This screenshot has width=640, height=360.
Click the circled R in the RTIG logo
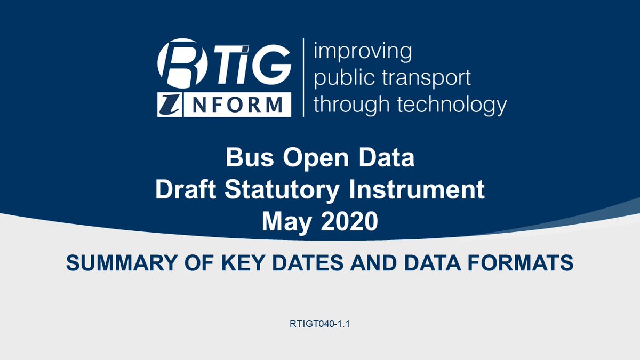[182, 63]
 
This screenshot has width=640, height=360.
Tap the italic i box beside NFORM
[170, 105]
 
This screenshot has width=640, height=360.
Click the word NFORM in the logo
[237, 105]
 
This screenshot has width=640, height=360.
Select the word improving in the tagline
[363, 52]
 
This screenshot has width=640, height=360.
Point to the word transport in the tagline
[426, 78]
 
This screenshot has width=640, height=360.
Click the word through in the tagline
[351, 105]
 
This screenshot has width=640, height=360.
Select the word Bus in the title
[250, 158]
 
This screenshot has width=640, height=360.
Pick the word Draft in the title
[186, 189]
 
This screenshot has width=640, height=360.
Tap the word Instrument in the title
[417, 189]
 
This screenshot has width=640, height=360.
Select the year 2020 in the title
[349, 221]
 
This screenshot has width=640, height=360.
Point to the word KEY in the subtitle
[242, 263]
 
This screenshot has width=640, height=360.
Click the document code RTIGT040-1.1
[319, 324]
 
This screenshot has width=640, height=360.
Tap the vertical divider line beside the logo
[303, 77]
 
